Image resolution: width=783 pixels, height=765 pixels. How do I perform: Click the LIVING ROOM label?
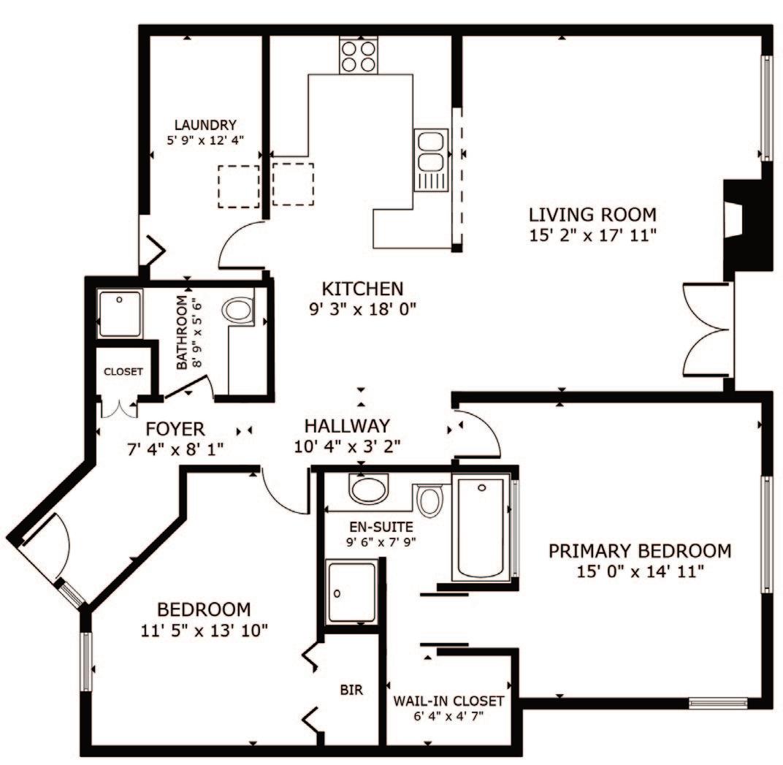592,215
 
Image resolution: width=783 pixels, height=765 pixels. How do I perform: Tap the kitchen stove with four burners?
358,56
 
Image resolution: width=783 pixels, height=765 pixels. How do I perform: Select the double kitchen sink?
431,160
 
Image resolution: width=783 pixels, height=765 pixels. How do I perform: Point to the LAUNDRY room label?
205,124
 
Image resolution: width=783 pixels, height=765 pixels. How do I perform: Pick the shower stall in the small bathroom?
120,313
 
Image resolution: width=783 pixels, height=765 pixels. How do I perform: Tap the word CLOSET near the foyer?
123,372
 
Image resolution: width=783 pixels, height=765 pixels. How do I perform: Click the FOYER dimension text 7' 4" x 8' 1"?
175,449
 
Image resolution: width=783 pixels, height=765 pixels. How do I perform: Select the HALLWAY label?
347,426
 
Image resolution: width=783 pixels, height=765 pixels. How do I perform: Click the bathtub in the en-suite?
481,528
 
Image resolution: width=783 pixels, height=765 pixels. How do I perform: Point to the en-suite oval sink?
369,490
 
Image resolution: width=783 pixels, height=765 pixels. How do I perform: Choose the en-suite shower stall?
351,592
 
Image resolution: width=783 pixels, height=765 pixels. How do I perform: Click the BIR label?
351,690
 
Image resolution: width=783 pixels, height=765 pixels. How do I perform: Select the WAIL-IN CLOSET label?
448,701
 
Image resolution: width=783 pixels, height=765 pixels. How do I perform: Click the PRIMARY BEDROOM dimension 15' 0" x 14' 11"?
640,571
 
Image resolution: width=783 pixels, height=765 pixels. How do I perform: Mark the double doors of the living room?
708,330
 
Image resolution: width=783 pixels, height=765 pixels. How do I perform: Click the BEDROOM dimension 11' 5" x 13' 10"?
205,630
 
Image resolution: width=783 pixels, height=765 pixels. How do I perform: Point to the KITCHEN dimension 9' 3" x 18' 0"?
362,309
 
